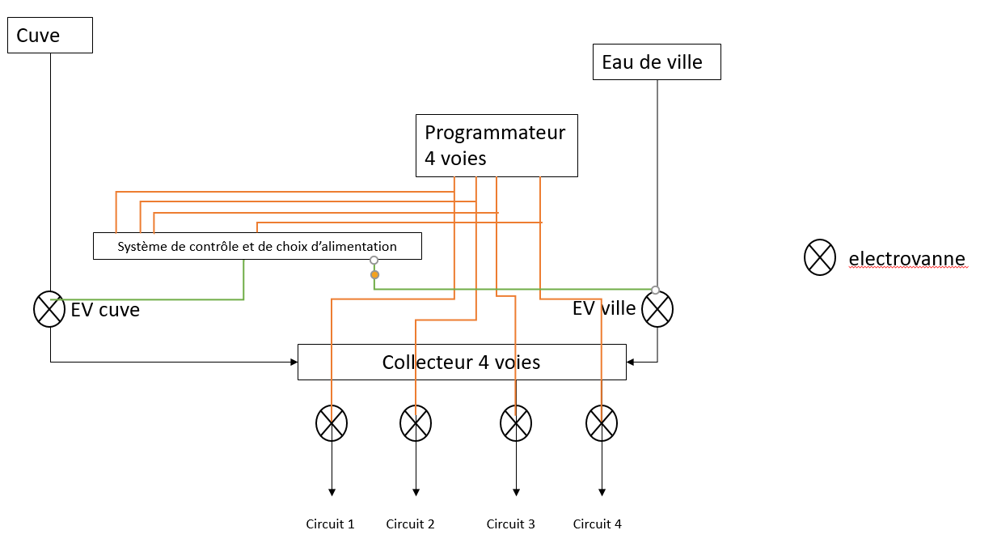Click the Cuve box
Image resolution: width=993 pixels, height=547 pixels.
(50, 36)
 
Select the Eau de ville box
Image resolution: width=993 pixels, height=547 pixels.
(657, 62)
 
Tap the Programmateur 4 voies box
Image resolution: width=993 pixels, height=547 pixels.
(496, 146)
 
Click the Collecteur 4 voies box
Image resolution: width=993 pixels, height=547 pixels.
(462, 362)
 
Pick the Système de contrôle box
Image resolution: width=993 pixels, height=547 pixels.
(257, 246)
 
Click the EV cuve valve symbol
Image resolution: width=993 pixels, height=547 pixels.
(49, 309)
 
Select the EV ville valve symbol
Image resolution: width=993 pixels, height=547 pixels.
(657, 309)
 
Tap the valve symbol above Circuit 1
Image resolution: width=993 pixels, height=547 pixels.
(331, 422)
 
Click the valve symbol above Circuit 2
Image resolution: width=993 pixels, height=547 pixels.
(416, 422)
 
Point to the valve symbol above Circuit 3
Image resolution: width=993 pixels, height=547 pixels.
(516, 422)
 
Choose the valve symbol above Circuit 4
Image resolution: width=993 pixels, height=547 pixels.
(601, 422)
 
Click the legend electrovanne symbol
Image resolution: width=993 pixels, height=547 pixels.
(820, 257)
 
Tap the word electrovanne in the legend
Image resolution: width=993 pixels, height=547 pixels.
(906, 259)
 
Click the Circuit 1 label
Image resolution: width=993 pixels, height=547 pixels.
(330, 524)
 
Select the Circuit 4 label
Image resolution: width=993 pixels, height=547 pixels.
(598, 524)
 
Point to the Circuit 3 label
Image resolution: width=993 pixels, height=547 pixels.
(510, 524)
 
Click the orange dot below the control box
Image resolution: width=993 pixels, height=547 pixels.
(374, 275)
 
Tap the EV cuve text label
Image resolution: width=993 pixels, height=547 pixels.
(105, 310)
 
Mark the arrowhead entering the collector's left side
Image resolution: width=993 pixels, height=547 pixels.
(294, 362)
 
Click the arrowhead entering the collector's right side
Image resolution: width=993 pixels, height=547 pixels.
(631, 362)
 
